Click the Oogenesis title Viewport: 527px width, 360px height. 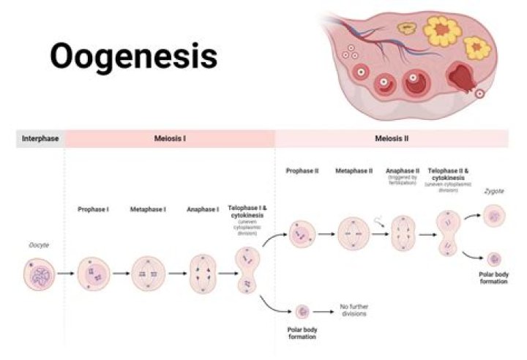click(x=133, y=56)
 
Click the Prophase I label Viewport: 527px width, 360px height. click(x=93, y=209)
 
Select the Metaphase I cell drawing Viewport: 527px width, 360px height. click(x=149, y=274)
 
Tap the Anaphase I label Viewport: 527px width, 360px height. click(x=202, y=209)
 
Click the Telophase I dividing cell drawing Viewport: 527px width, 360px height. click(x=247, y=271)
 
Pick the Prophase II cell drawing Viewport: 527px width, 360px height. click(x=300, y=235)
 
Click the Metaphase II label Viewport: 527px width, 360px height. click(x=354, y=170)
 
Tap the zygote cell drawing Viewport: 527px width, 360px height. click(x=494, y=215)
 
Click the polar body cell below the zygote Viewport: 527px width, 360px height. click(x=494, y=258)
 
